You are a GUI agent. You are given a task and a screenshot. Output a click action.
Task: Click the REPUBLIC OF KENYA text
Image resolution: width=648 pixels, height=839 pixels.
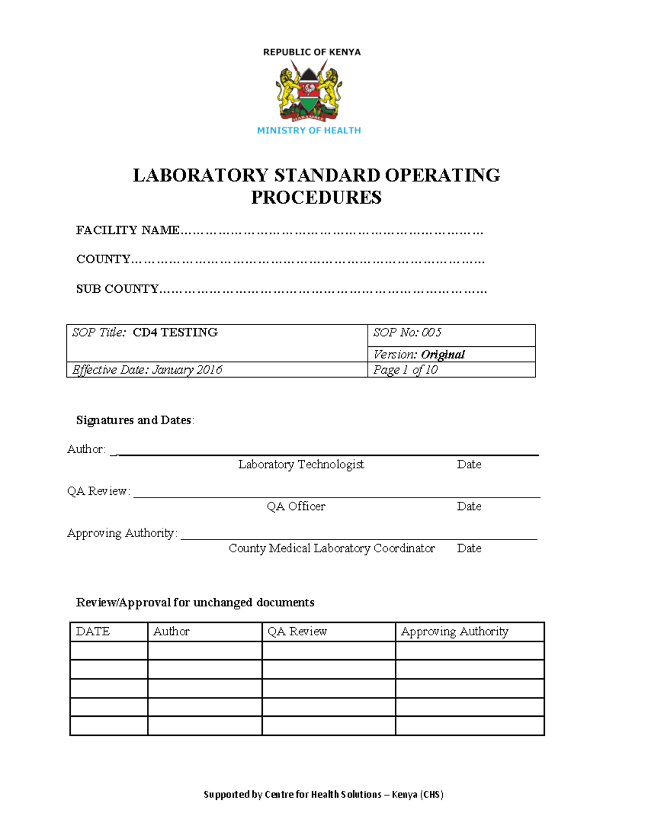[312, 52]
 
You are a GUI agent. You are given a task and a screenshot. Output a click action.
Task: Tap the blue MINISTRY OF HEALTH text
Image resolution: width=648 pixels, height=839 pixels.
[309, 130]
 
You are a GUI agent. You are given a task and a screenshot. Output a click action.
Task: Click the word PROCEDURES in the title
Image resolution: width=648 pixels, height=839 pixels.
[316, 198]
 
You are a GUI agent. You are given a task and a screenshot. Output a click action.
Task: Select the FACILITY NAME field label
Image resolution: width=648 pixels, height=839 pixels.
[128, 230]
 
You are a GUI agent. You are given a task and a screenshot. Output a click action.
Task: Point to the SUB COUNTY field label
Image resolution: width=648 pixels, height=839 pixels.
[117, 289]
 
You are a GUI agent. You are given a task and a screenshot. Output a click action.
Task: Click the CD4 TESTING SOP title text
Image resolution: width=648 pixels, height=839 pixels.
[175, 332]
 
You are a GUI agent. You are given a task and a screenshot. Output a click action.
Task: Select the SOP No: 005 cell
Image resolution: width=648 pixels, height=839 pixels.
[407, 332]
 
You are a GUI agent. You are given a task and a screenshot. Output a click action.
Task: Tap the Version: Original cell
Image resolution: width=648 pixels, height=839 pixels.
[418, 354]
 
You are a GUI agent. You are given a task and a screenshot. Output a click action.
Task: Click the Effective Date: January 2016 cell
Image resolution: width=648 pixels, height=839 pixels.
[147, 370]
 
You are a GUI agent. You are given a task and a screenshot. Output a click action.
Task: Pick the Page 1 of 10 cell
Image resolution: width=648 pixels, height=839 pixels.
[405, 370]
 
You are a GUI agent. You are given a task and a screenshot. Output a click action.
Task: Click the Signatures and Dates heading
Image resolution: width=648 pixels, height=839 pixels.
[134, 420]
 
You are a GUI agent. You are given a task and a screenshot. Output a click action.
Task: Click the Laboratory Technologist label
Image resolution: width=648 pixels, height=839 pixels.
[301, 464]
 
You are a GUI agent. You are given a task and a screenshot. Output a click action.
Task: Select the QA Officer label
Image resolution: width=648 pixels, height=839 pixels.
[296, 506]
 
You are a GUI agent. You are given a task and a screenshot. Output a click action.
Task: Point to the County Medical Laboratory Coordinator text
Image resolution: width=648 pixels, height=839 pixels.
[332, 548]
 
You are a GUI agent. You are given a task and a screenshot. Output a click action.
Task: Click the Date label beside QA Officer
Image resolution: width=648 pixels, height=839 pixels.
[469, 506]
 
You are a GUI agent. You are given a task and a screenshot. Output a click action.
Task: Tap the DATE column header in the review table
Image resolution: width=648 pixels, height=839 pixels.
[93, 631]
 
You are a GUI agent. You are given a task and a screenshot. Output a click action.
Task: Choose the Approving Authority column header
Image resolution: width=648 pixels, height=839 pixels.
[454, 631]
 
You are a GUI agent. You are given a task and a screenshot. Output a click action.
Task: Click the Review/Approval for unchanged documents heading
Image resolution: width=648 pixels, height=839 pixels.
[195, 602]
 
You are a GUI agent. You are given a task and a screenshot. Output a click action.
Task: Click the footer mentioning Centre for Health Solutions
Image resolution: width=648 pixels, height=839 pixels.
[323, 794]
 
